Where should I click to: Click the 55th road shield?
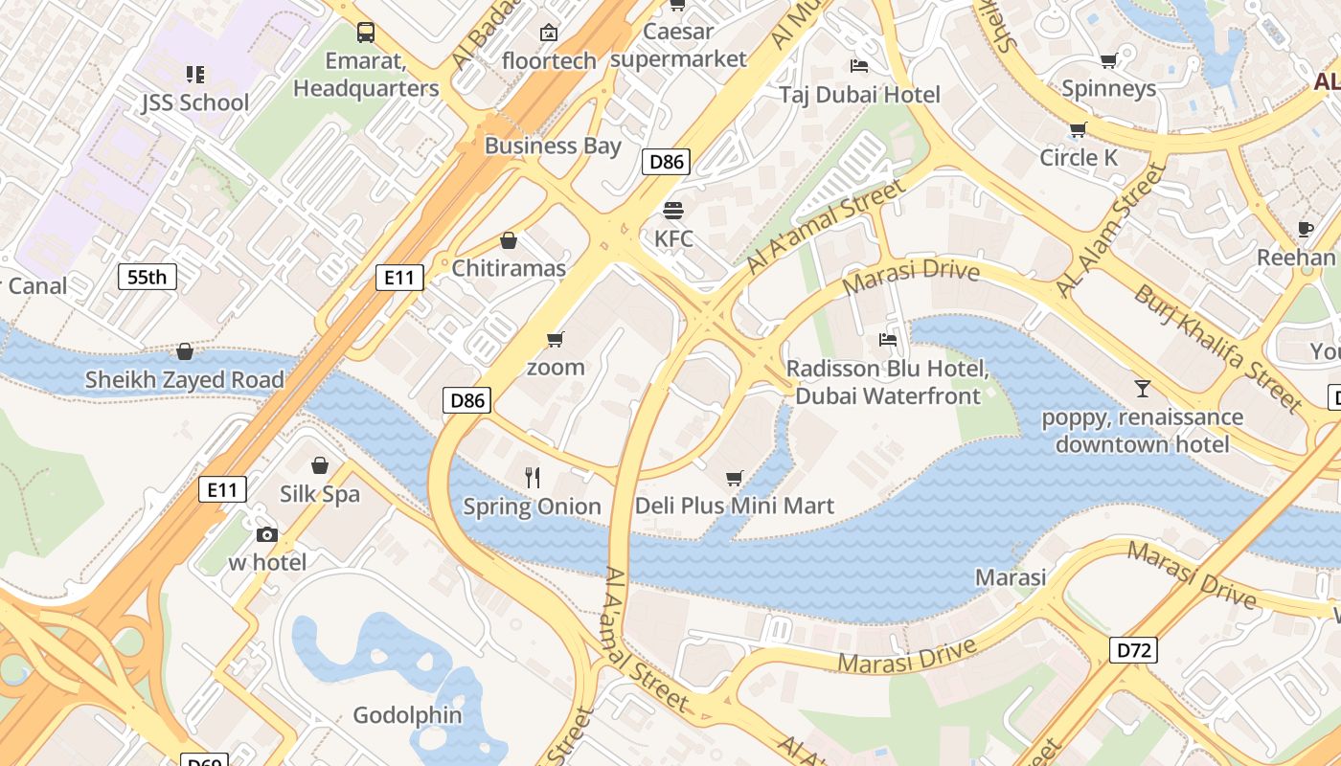click(x=148, y=278)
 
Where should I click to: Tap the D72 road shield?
click(x=1134, y=651)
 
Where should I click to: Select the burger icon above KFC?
click(x=673, y=210)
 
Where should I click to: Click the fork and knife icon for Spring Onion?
click(x=533, y=477)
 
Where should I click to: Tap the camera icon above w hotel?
click(x=266, y=534)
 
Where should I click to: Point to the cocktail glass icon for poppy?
click(x=1142, y=389)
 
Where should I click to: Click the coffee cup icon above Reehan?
click(x=1305, y=229)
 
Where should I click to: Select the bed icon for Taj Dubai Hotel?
click(x=859, y=66)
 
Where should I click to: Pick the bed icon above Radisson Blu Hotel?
click(x=887, y=340)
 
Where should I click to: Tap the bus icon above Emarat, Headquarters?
click(x=366, y=33)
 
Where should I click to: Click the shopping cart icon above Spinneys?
click(x=1108, y=61)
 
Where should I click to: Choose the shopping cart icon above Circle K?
click(x=1078, y=129)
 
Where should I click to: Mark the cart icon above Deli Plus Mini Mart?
click(x=735, y=478)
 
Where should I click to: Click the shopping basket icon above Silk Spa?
click(x=320, y=465)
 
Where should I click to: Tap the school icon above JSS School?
click(x=195, y=74)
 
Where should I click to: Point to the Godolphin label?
click(x=407, y=715)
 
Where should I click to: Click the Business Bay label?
click(x=553, y=146)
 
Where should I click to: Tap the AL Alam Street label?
click(x=1111, y=231)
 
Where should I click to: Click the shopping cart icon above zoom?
click(x=555, y=340)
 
